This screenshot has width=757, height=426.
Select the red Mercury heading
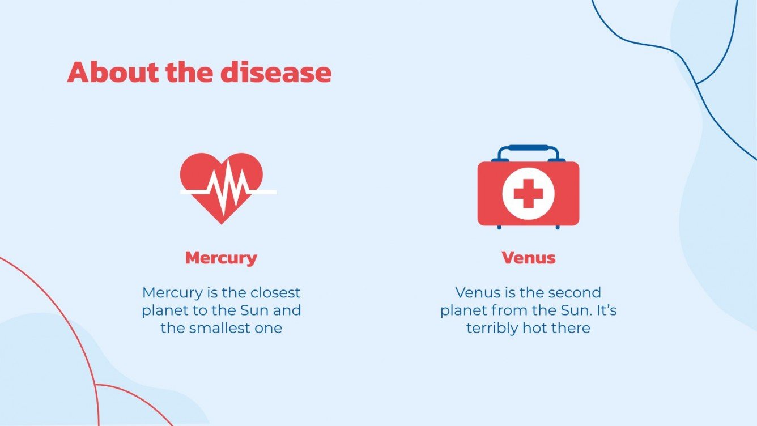(221, 258)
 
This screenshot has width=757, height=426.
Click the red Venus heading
(528, 258)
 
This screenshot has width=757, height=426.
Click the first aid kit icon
(528, 190)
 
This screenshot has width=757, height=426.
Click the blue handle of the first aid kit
(528, 148)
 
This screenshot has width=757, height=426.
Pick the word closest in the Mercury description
(274, 293)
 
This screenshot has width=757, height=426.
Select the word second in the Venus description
(572, 293)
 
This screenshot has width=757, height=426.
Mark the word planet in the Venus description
(466, 311)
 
